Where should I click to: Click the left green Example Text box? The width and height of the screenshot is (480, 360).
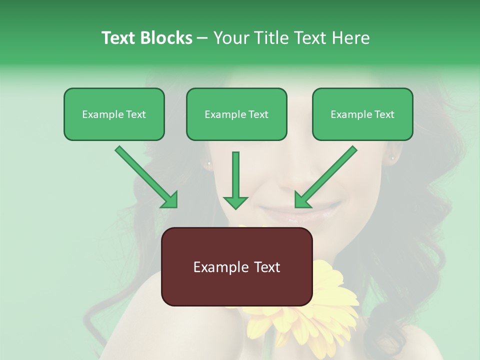[x=114, y=114]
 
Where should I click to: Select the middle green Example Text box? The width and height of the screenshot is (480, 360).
[x=236, y=114]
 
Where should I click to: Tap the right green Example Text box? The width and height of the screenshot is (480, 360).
[x=362, y=114]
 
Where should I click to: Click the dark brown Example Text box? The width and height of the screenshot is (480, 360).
[x=236, y=266]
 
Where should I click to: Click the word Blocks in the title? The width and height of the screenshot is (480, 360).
[x=166, y=38]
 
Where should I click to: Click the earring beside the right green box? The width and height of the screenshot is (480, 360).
[x=392, y=158]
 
